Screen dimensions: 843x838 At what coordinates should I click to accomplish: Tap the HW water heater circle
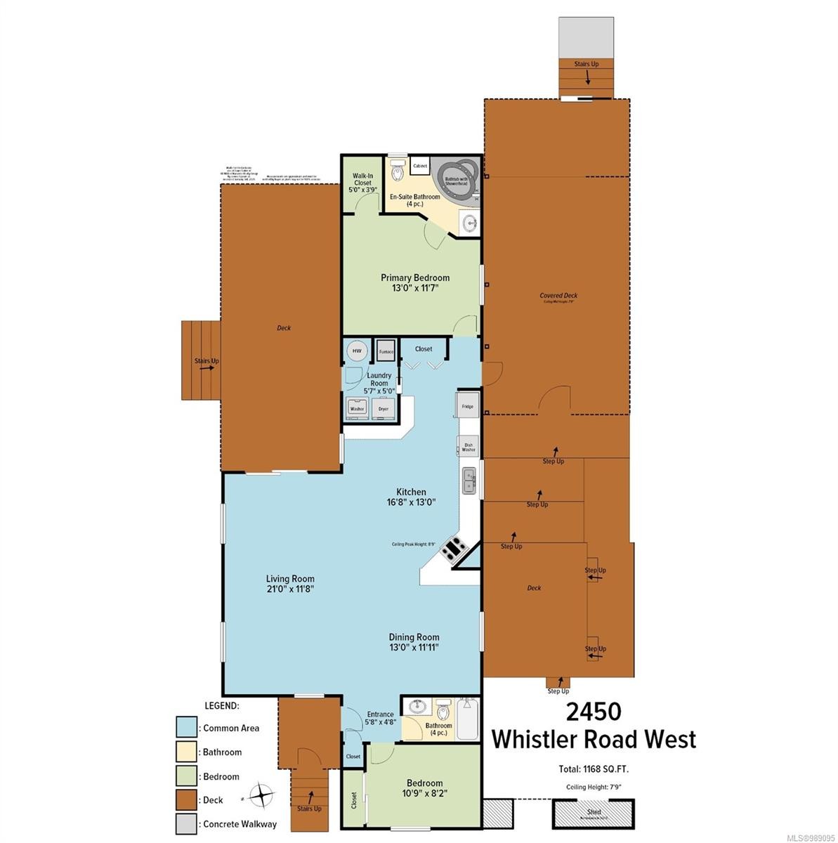coord(357,351)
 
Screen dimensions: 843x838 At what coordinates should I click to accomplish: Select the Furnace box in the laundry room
coord(386,351)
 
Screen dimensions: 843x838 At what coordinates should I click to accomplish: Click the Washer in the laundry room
coord(357,407)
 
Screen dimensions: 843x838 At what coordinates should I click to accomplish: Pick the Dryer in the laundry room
coord(384,407)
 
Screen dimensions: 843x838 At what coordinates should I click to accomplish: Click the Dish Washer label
coord(469,446)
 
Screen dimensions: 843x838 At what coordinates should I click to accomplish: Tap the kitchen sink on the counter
coord(469,481)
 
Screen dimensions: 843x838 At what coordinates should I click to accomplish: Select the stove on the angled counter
coord(452,548)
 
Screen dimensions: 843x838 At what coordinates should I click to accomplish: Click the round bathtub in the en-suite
coord(457,174)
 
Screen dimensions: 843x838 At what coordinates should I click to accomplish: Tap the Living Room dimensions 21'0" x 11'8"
coord(289,589)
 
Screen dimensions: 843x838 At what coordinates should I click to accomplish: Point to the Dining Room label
coord(414,637)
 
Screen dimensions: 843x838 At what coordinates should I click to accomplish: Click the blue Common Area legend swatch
coord(186,728)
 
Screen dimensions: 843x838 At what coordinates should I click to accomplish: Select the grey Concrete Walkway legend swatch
coord(186,823)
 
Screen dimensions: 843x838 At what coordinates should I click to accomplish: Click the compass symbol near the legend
coord(261,796)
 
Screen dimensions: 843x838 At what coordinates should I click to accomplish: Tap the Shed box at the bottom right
coord(594,814)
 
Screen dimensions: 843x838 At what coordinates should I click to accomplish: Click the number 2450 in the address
coord(594,712)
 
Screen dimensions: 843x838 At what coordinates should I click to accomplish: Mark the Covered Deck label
coord(558,296)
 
